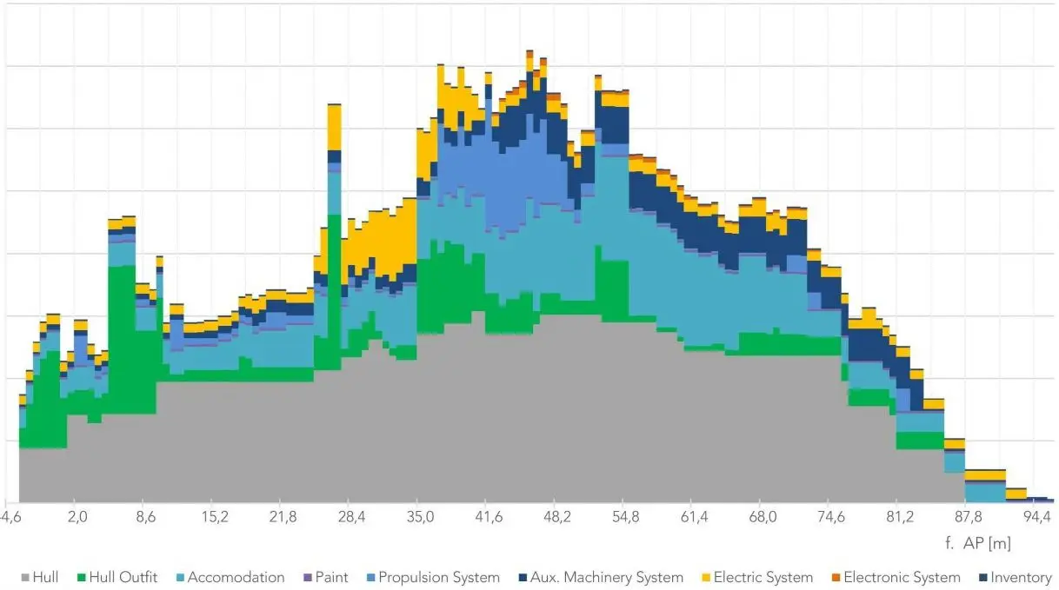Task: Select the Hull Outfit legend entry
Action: coord(116,577)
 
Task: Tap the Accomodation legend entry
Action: coord(229,577)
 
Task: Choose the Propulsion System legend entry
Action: coord(431,577)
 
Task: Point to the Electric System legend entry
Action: coord(756,577)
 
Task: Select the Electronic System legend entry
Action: coord(895,577)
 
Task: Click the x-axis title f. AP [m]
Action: coord(976,544)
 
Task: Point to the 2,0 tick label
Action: coord(77,518)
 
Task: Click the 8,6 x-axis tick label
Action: coord(146,518)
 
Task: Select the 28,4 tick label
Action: coord(351,518)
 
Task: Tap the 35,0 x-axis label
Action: coord(420,518)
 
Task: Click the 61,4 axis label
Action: coord(694,518)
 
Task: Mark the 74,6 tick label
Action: coord(831,518)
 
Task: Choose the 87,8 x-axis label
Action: coord(968,518)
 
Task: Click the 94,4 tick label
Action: coord(1037,518)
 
